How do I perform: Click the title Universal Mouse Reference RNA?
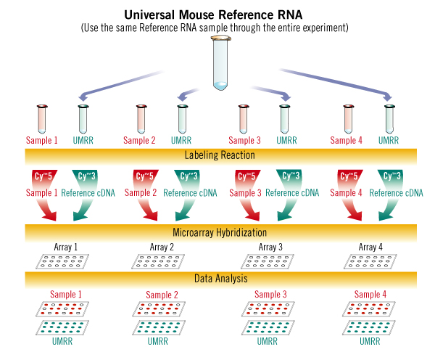(x=217, y=13)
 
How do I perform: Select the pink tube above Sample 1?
(x=41, y=118)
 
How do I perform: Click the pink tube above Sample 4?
(x=349, y=118)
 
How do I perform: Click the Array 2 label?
(x=161, y=247)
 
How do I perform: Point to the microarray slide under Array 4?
(x=370, y=261)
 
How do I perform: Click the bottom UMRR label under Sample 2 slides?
(x=161, y=341)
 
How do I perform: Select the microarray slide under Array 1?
(x=63, y=261)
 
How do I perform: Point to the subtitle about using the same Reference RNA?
(x=217, y=27)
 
